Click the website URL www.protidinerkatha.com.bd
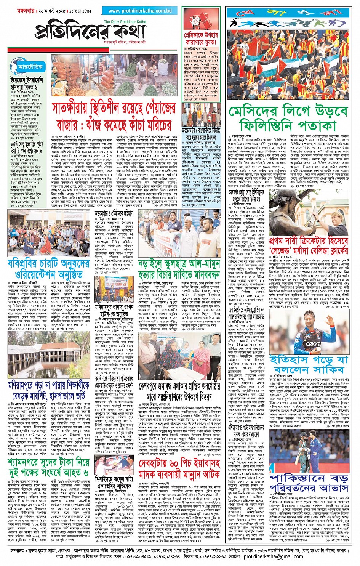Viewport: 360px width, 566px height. click(140, 11)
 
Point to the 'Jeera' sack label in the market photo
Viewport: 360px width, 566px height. click(58, 91)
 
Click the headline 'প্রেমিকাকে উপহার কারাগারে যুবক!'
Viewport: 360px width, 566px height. click(201, 38)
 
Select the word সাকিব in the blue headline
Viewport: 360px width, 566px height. click(327, 369)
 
